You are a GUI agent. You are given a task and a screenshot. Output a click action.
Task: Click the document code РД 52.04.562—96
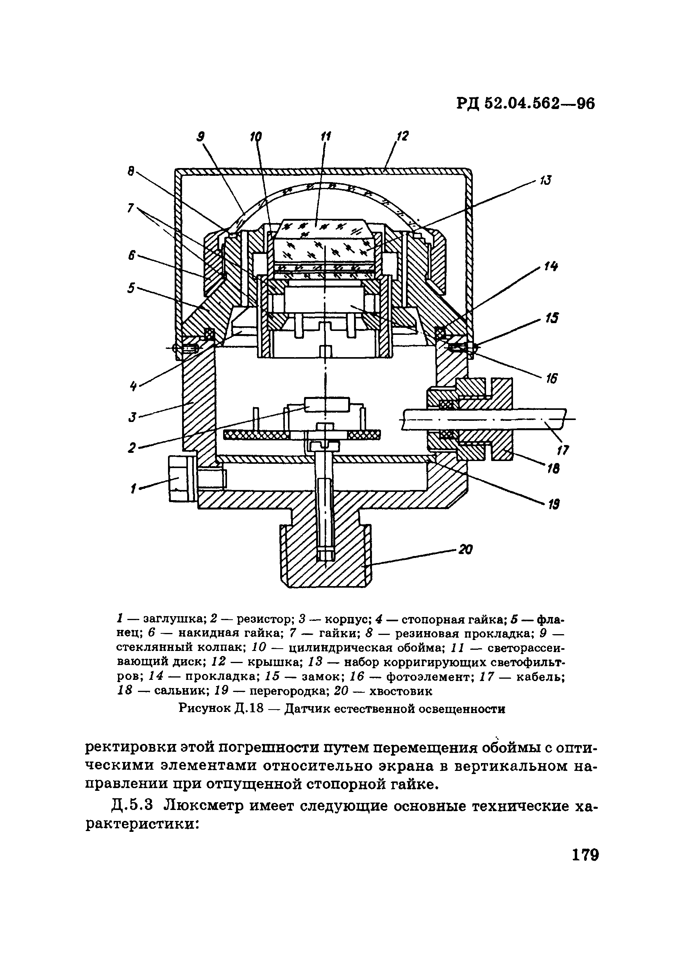click(x=525, y=104)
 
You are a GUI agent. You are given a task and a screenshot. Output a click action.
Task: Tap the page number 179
click(x=585, y=855)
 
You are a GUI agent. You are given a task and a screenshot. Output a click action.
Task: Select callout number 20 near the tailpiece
click(x=465, y=549)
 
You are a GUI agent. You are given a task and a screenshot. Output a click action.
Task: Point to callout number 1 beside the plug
click(x=133, y=489)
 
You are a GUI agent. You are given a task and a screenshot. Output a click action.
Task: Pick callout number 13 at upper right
click(x=545, y=180)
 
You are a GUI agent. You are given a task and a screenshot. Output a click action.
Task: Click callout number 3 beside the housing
click(x=133, y=417)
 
